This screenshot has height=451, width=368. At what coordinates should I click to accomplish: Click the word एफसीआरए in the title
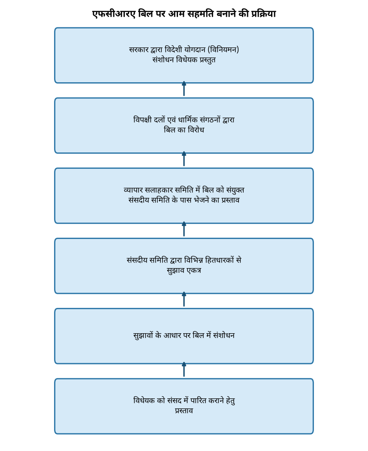(x=114, y=14)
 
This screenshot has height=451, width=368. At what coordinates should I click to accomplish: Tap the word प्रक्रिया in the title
(x=263, y=14)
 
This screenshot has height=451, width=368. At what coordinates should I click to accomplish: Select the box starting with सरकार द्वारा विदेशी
(x=184, y=55)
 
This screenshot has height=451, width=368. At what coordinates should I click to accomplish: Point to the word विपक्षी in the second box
(x=142, y=119)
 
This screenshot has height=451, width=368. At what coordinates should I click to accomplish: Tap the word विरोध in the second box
(x=196, y=130)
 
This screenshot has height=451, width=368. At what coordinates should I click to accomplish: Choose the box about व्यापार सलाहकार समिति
(x=184, y=196)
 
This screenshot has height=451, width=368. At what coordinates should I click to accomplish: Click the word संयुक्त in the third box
(x=235, y=190)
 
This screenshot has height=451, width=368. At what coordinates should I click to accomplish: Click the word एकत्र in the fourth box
(x=194, y=270)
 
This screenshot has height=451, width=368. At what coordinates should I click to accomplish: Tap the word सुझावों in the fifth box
(x=143, y=335)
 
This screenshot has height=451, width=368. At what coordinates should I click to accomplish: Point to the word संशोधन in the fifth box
(x=224, y=335)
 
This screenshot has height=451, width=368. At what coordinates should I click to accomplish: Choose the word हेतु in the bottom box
(x=230, y=400)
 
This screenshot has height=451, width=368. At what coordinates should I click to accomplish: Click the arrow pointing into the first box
(x=184, y=89)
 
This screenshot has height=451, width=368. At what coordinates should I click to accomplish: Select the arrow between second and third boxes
(x=184, y=159)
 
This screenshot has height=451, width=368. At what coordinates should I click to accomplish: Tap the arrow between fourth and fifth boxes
(x=184, y=299)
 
